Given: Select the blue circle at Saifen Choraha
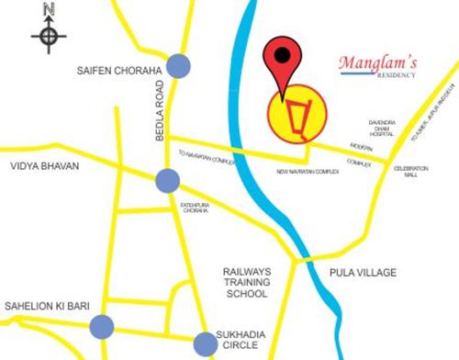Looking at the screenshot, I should (177, 67).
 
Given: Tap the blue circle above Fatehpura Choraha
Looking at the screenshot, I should (166, 181).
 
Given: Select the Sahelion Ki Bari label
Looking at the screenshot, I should (45, 305).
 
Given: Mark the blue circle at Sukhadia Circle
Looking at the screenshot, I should (207, 343).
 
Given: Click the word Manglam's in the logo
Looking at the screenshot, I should (377, 63).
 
